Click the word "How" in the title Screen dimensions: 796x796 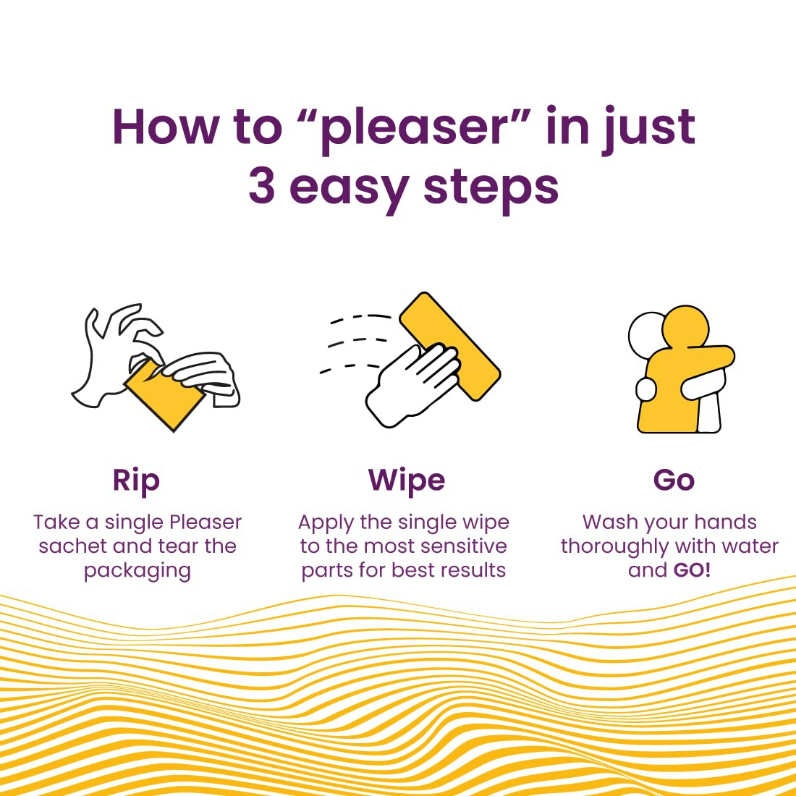166,127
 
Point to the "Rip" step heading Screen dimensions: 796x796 136,480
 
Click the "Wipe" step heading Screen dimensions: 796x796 407,480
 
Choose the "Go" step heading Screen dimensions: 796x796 674,480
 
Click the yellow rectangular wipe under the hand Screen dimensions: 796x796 450,346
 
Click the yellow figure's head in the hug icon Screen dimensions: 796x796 685,327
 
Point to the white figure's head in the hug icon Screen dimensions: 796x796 645,335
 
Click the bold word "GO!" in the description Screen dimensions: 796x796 691,570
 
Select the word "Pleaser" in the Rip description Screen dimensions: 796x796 206,522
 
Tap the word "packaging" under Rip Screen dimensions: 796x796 137,572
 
